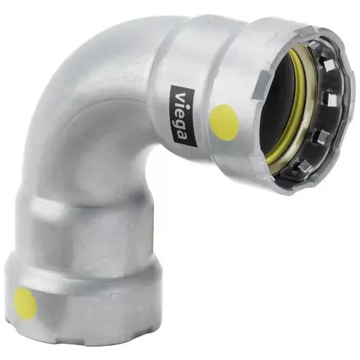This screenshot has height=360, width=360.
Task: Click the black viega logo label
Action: (x=183, y=116)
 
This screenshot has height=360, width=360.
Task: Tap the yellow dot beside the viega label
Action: (x=224, y=120)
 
